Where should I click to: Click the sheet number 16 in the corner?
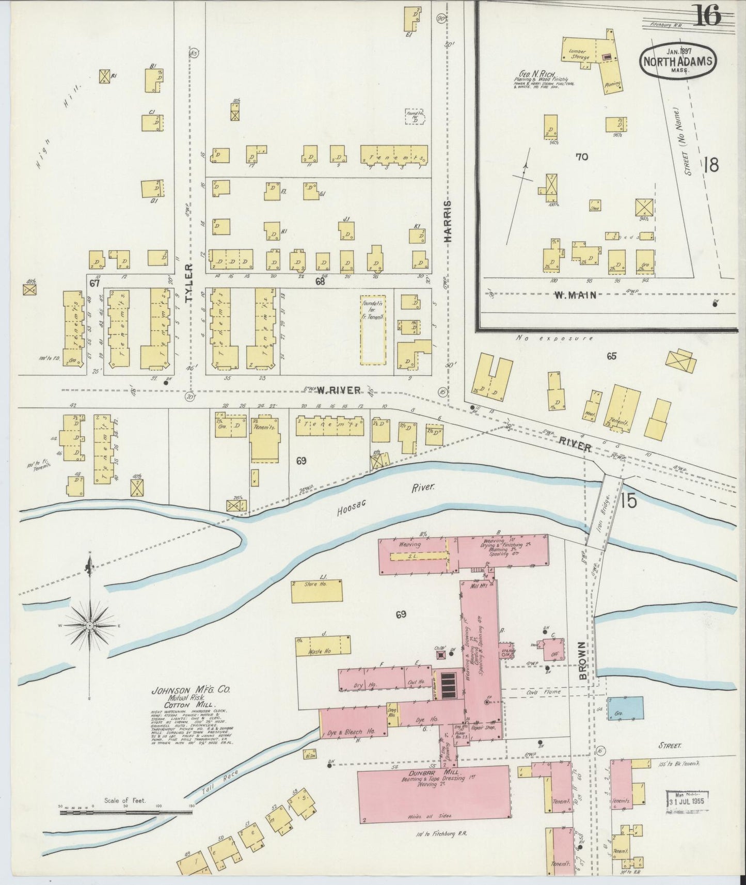[708, 15]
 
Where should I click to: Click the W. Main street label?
[575, 295]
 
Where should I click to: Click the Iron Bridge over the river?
[606, 509]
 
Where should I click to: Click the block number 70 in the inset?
[582, 156]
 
